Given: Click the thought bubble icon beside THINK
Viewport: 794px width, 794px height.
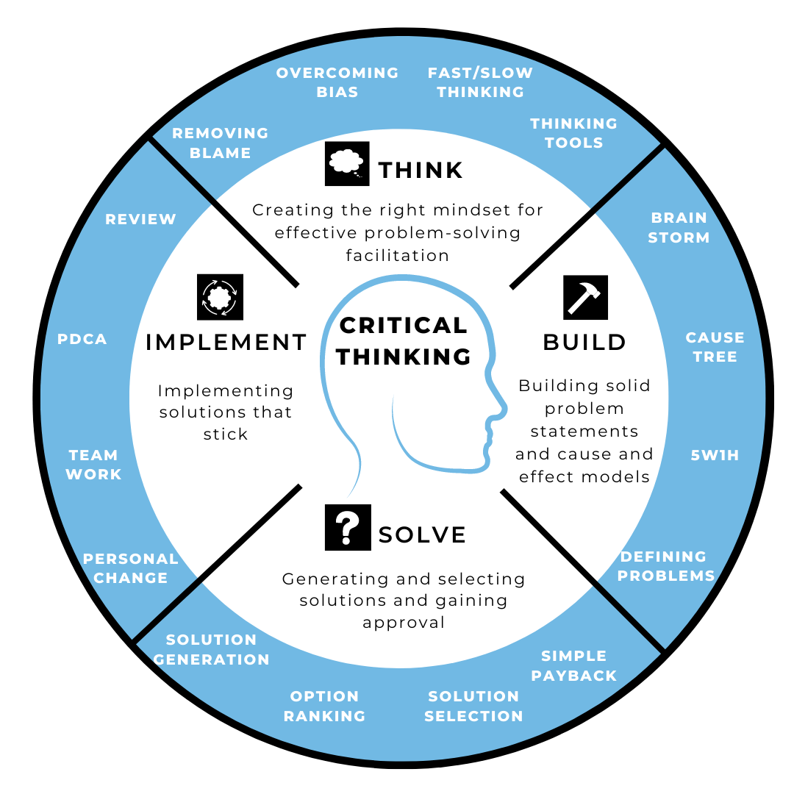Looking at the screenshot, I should pos(346,163).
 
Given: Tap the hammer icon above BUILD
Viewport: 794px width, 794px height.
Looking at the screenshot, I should pos(585,297).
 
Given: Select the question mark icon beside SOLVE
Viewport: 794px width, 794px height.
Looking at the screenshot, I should pos(348,527).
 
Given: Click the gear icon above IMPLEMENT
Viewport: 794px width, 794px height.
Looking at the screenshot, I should pos(220,297).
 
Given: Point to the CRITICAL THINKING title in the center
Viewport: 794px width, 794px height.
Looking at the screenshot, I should pos(404,340).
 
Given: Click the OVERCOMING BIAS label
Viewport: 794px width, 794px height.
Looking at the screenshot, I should pos(337,82).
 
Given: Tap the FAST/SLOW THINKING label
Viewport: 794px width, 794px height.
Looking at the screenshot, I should pos(480,82).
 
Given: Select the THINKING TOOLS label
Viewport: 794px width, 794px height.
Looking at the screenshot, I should pos(573,133).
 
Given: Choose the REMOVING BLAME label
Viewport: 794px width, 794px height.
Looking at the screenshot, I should pos(220,143).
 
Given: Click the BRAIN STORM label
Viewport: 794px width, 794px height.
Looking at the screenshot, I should pos(679,227).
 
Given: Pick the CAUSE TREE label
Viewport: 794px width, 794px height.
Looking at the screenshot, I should pos(715,347).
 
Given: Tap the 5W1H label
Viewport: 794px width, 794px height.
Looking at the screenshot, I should pos(715,455).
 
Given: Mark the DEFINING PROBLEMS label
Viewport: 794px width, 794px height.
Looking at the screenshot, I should pos(665,565).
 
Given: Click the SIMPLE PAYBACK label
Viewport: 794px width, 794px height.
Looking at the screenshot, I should pos(573,665).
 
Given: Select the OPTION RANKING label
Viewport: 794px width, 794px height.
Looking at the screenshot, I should pos(324,706).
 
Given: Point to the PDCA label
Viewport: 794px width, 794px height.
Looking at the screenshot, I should pos(82,339).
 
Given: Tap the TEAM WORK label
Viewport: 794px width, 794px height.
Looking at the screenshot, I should pos(93,465).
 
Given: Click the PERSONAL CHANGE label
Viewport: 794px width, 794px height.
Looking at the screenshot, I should pos(130,568).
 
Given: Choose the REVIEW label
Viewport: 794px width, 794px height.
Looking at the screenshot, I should pos(140,219).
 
